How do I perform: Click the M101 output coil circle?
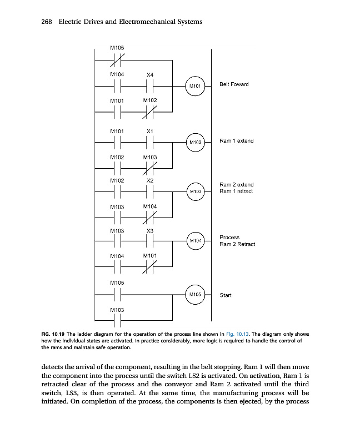(194, 86)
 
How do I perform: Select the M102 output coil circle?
(194, 142)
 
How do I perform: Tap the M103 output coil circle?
(194, 191)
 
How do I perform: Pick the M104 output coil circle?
(194, 241)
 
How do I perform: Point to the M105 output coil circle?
(194, 294)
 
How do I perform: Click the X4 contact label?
(149, 74)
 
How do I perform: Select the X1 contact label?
(149, 131)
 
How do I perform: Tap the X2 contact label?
(149, 180)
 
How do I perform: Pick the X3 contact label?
(149, 230)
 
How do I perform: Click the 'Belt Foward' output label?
(234, 84)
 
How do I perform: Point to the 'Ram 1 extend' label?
(236, 141)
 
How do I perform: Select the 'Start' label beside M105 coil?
(225, 295)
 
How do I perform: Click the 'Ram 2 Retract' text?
(237, 244)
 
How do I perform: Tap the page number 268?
(47, 22)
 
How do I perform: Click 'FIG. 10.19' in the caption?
(53, 334)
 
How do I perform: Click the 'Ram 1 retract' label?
(236, 191)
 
